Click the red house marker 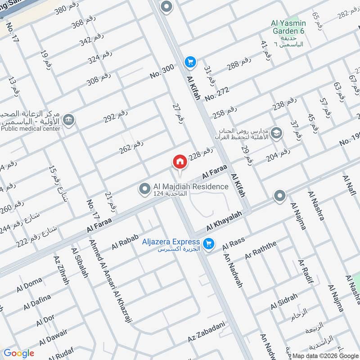[180, 162]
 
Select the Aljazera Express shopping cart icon [208, 243]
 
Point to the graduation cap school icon [277, 133]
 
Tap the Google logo [19, 353]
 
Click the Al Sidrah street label [284, 301]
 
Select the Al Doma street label [29, 284]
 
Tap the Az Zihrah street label [61, 270]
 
